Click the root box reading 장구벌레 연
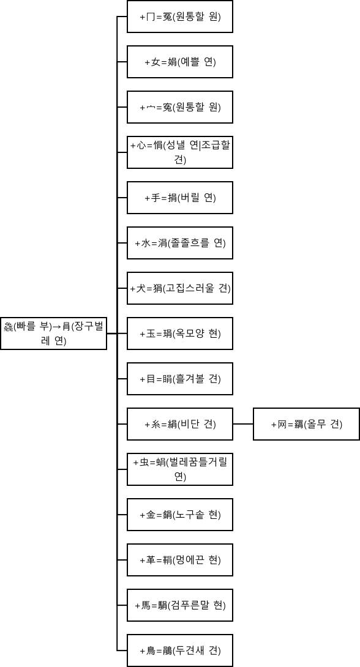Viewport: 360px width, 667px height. click(x=54, y=333)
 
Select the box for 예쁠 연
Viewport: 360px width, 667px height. click(x=180, y=62)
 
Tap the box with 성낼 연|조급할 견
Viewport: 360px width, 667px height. click(x=180, y=152)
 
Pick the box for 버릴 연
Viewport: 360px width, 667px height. click(x=180, y=198)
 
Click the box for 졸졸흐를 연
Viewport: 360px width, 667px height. click(x=180, y=243)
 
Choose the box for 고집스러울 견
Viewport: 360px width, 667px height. click(x=180, y=288)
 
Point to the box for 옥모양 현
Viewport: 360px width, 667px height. click(x=180, y=333)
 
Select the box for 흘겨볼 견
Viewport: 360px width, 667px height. click(x=180, y=379)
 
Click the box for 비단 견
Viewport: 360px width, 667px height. click(x=180, y=424)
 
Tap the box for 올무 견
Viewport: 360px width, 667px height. click(x=306, y=424)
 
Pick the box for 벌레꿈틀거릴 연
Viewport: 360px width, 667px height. click(x=180, y=469)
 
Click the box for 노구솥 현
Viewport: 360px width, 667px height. click(x=180, y=515)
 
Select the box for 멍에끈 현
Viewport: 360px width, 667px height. click(x=180, y=560)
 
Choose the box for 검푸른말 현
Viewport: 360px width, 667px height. click(x=180, y=605)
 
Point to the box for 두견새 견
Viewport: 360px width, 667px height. click(x=180, y=650)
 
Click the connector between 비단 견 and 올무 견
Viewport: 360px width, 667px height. click(x=243, y=424)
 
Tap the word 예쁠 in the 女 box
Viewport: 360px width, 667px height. click(x=191, y=62)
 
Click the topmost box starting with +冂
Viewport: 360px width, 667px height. click(x=180, y=17)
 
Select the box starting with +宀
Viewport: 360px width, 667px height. click(x=180, y=107)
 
